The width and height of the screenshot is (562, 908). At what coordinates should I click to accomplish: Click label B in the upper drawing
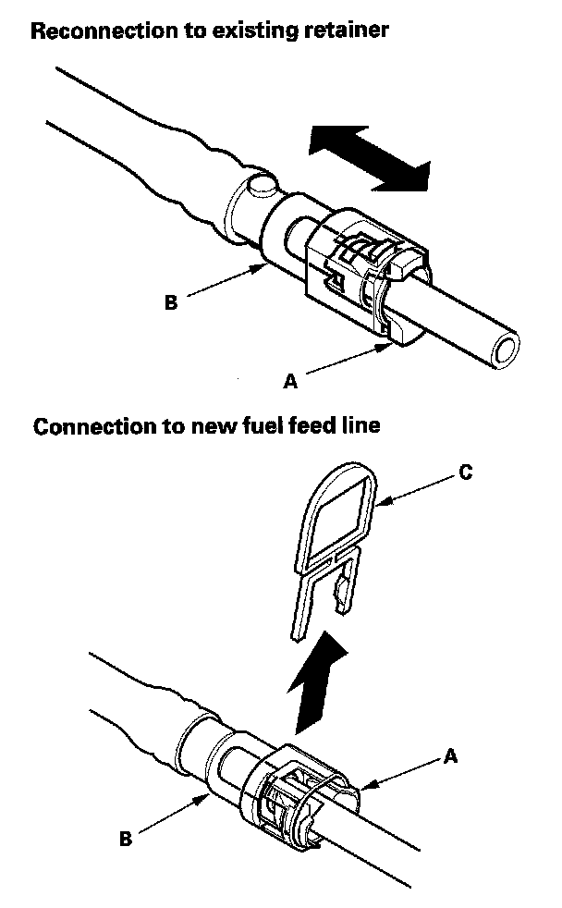click(x=171, y=301)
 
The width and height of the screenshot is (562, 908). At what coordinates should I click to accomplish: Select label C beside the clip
click(x=465, y=472)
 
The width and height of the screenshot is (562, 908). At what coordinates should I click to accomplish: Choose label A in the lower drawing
click(x=450, y=755)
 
